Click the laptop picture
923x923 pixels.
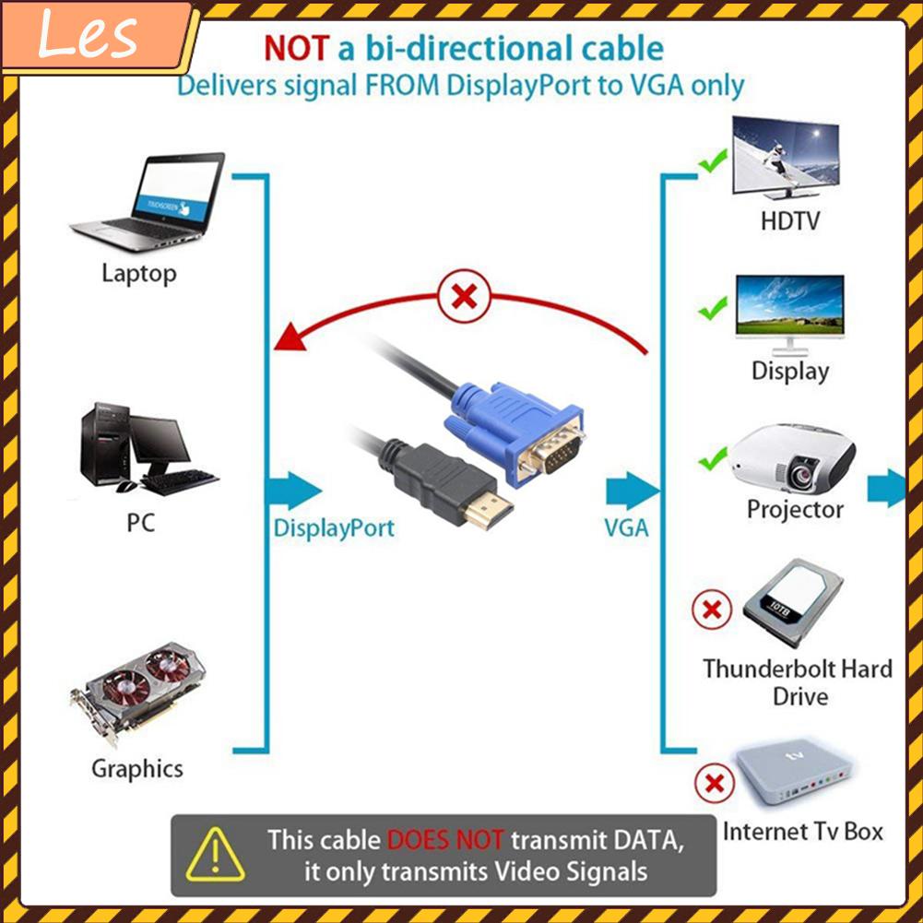click(x=148, y=205)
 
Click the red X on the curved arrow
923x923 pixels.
click(x=465, y=297)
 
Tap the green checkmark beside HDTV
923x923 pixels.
click(x=712, y=164)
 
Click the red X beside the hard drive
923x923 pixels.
click(x=712, y=609)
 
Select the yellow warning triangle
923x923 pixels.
click(x=215, y=855)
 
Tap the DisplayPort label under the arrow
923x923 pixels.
click(x=334, y=528)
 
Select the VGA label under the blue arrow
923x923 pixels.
click(x=626, y=528)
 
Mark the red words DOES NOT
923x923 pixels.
click(x=446, y=840)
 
